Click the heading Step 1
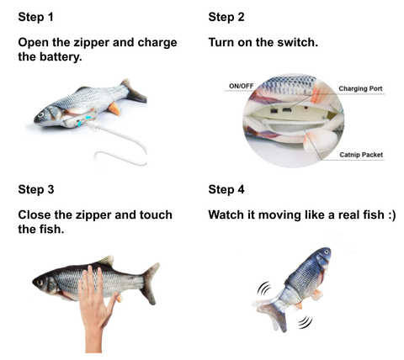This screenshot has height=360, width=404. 35,18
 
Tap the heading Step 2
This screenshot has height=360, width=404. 226,18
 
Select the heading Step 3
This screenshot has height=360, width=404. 36,189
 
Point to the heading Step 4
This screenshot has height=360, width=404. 226,189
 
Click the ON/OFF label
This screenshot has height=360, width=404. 241,86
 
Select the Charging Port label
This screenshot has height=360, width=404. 360,88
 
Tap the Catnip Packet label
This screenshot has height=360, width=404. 361,155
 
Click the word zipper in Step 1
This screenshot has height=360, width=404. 91,43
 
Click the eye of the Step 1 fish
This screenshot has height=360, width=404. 41,114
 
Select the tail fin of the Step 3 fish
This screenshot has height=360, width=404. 150,283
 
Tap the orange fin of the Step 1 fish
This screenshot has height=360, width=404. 114,109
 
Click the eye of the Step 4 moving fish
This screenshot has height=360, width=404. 326,251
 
